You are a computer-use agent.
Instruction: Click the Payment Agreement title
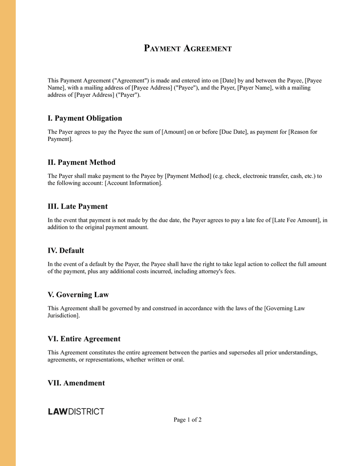point(188,48)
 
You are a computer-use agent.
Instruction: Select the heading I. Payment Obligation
point(85,118)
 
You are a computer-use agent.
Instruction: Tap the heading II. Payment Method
point(81,163)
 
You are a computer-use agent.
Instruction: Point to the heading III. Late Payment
point(77,207)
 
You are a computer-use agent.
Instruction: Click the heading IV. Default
point(66,251)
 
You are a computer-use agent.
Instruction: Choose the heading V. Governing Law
point(78,295)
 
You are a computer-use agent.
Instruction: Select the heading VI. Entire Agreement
point(84,339)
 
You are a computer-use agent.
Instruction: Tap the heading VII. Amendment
point(76,383)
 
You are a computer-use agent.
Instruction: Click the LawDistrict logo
point(76,412)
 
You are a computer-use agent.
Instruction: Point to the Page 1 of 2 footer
point(188,420)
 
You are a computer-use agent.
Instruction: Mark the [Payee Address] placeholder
point(152,88)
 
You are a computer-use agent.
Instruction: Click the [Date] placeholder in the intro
point(228,81)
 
